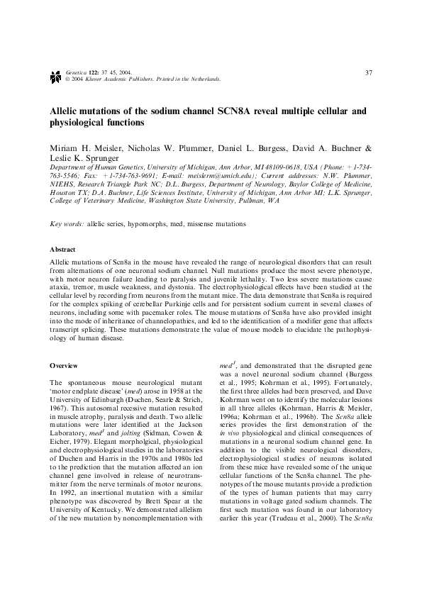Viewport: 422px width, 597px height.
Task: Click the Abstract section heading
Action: point(62,250)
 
